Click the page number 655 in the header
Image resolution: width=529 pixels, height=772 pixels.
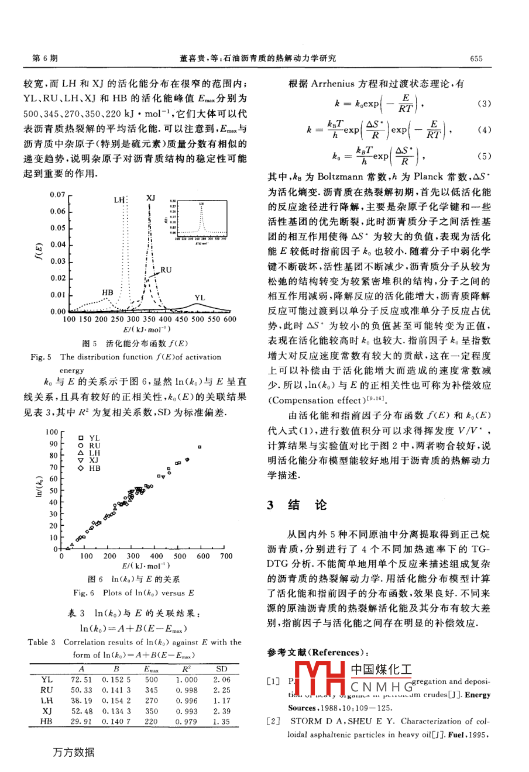pyautogui.click(x=476, y=58)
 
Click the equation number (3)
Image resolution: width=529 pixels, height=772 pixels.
pyautogui.click(x=484, y=104)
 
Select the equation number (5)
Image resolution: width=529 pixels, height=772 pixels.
pyautogui.click(x=484, y=156)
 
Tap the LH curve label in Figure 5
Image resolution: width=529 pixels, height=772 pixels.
pyautogui.click(x=119, y=200)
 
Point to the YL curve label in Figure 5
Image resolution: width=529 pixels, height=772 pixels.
pyautogui.click(x=200, y=298)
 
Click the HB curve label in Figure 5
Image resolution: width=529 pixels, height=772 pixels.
pyautogui.click(x=108, y=292)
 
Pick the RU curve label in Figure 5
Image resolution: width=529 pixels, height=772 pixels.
pyautogui.click(x=166, y=270)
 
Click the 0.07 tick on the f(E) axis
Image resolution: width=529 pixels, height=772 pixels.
pyautogui.click(x=57, y=194)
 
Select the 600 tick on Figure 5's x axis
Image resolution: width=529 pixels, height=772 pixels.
pyautogui.click(x=229, y=319)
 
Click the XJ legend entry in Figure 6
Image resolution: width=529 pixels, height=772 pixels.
pyautogui.click(x=94, y=460)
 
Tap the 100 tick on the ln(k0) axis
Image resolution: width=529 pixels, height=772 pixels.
pyautogui.click(x=51, y=432)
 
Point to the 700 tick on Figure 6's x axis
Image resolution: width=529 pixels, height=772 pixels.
pyautogui.click(x=226, y=556)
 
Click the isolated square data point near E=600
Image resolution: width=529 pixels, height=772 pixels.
pyautogui.click(x=199, y=447)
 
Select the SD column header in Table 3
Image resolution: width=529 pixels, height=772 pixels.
pyautogui.click(x=222, y=669)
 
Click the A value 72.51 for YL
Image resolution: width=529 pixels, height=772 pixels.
pyautogui.click(x=81, y=680)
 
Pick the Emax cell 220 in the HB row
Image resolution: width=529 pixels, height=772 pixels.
pyautogui.click(x=152, y=722)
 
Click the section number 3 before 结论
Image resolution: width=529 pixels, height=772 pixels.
pyautogui.click(x=270, y=505)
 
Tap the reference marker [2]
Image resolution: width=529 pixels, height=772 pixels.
pyautogui.click(x=273, y=722)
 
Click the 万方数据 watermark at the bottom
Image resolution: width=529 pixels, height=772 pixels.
pyautogui.click(x=74, y=752)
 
